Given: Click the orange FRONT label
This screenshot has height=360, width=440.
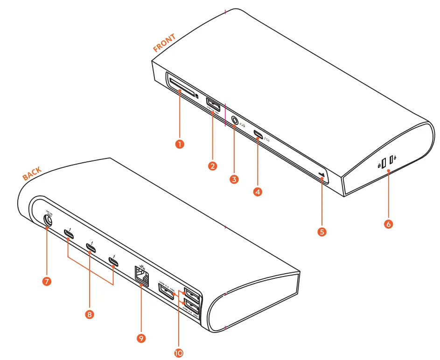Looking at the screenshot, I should tap(164, 43).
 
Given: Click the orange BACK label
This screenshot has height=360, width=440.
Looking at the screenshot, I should tap(32, 173).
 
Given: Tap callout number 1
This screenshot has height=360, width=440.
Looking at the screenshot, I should tap(179, 144).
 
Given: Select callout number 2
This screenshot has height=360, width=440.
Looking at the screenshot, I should tap(213, 166).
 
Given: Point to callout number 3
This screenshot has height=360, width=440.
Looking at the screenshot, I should tap(234, 178).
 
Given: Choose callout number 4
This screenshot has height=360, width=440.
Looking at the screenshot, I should tap(257, 191).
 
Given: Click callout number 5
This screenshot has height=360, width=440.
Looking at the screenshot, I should tap(322, 231).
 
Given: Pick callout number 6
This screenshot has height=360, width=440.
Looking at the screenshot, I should tap(388, 224).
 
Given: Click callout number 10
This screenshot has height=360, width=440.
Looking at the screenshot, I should tap(178, 353).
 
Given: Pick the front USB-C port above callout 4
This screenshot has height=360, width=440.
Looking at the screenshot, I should tap(258, 136).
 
